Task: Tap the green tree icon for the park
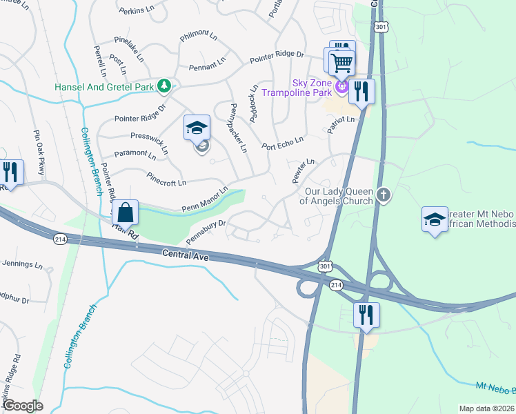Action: [164, 86]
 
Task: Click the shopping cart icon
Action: [342, 64]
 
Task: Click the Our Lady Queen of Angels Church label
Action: [336, 197]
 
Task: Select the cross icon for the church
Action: [385, 197]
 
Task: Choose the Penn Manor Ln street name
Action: [205, 199]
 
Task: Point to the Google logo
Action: [23, 406]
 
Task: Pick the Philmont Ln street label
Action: [198, 34]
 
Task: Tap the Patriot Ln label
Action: [341, 125]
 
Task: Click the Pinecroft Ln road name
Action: [166, 179]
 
